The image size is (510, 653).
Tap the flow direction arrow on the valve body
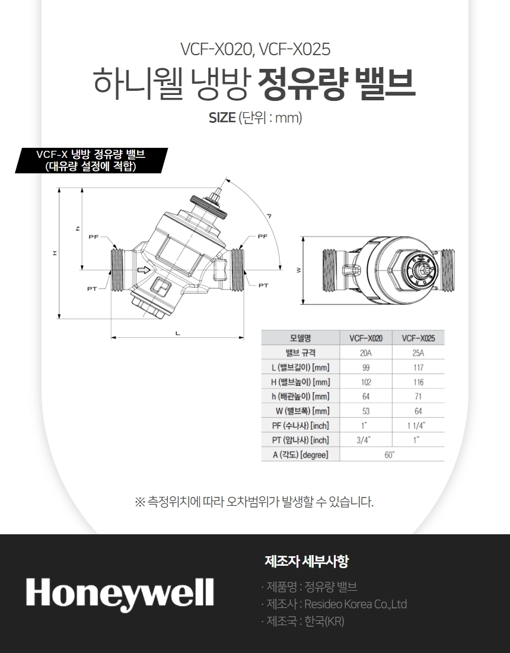click(x=144, y=270)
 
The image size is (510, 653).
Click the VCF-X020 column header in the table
click(x=366, y=338)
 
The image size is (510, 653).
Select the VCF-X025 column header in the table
click(x=418, y=338)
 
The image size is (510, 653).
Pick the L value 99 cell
click(x=366, y=367)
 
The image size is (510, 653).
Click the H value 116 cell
click(x=418, y=382)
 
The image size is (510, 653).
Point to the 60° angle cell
click(x=390, y=455)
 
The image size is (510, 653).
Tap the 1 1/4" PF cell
click(x=416, y=426)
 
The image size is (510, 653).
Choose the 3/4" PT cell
click(x=364, y=440)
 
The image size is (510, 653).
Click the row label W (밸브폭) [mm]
click(x=302, y=411)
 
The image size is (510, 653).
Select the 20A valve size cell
click(x=366, y=353)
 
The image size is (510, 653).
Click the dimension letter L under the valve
click(x=178, y=333)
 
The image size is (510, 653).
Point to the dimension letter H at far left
click(x=55, y=253)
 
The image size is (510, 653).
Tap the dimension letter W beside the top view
click(x=298, y=270)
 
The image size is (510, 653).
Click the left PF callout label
click(x=94, y=237)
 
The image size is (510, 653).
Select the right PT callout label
click(x=263, y=286)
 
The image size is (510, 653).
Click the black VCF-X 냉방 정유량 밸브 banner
click(x=91, y=160)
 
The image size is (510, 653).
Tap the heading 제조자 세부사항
click(x=307, y=561)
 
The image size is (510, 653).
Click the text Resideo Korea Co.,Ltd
click(x=356, y=604)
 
